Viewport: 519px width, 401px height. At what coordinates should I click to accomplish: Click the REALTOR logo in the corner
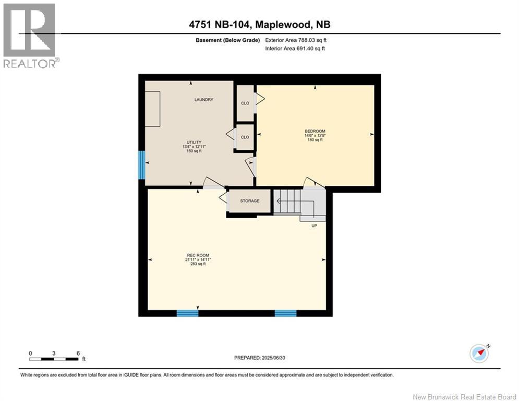click(x=30, y=36)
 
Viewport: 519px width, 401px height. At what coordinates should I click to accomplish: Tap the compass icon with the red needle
click(x=479, y=353)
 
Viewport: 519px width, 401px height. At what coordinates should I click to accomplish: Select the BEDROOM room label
click(x=315, y=131)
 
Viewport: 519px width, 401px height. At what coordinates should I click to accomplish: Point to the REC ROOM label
click(x=193, y=255)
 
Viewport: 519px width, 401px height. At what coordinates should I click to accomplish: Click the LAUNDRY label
click(x=204, y=100)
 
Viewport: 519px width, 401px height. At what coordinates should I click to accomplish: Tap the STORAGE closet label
click(x=250, y=201)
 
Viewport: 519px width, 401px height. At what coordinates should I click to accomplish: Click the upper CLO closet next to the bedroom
click(x=245, y=103)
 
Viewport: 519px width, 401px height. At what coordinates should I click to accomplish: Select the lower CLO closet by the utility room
click(x=245, y=137)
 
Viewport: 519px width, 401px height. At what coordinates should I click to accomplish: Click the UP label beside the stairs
click(x=313, y=226)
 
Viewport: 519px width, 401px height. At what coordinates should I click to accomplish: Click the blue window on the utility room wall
click(x=141, y=165)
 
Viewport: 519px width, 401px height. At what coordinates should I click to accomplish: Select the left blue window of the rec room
click(x=187, y=313)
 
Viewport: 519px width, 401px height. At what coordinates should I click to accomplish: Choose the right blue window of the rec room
click(x=285, y=313)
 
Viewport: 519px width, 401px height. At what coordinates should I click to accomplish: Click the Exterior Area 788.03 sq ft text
click(x=296, y=40)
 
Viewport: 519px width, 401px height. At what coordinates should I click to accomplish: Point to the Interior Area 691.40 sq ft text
click(x=295, y=49)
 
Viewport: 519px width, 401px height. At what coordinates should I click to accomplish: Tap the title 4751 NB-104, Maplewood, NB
click(x=259, y=25)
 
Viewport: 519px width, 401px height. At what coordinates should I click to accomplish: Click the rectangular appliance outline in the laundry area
click(x=153, y=109)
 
